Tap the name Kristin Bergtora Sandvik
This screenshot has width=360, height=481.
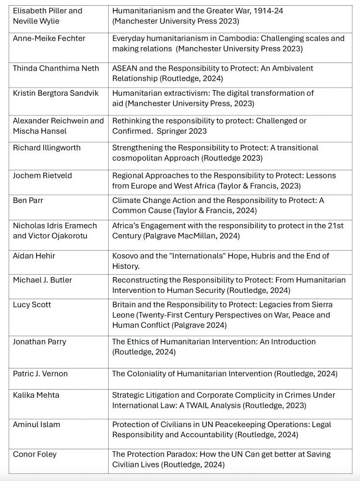click(x=55, y=93)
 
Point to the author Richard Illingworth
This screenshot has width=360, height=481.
click(x=47, y=148)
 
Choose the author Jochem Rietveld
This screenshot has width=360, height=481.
click(x=42, y=176)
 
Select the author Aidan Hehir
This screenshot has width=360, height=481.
click(x=34, y=256)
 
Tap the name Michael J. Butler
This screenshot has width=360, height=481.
click(x=42, y=280)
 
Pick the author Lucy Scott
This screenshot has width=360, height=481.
click(x=32, y=304)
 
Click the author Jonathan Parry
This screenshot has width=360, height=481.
click(x=39, y=342)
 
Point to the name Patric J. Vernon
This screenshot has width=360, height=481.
click(x=40, y=374)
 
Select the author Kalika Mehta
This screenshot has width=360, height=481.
click(x=37, y=395)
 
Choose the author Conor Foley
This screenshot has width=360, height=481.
click(x=35, y=454)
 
